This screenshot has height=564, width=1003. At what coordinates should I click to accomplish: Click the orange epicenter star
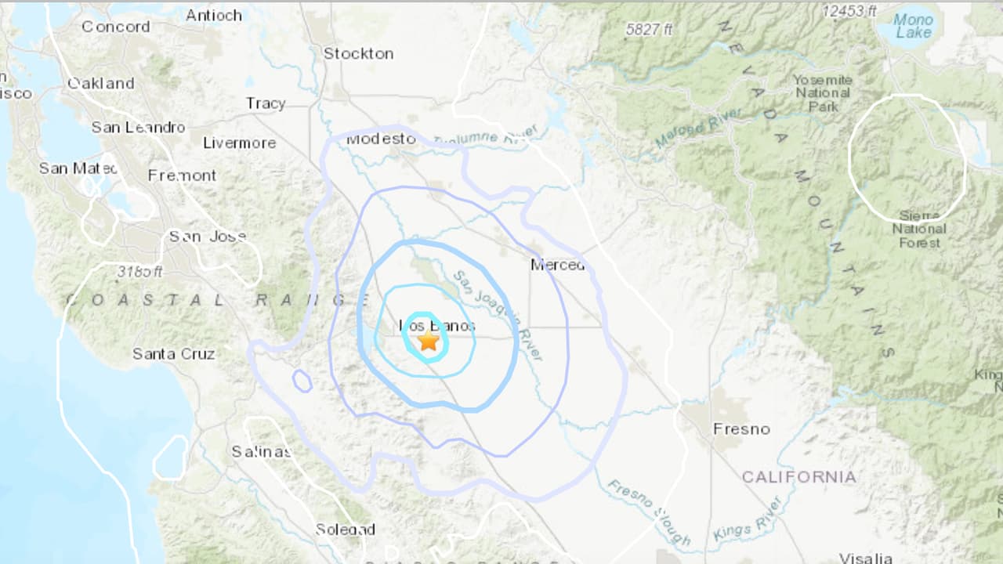coord(428,341)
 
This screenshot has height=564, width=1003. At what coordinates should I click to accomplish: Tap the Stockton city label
coord(358,53)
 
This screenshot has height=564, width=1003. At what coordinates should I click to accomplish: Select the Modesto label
coord(381,139)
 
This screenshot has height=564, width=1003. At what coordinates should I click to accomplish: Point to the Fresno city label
coord(740,428)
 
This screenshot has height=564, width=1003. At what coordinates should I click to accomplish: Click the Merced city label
coord(557,265)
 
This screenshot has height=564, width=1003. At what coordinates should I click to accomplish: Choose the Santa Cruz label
coord(173,354)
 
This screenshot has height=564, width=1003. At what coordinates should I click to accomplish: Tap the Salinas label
coord(261,451)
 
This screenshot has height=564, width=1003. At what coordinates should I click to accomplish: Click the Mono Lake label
coord(914,26)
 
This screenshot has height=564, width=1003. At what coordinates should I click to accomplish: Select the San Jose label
coord(208,236)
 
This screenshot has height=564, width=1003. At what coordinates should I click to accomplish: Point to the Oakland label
coord(100,83)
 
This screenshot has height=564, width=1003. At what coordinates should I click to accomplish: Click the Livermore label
coord(239,143)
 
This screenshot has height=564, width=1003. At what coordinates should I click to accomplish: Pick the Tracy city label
coord(266,103)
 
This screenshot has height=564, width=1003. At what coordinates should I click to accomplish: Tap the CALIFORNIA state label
coord(798,476)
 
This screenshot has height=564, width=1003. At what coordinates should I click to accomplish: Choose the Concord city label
coord(115,27)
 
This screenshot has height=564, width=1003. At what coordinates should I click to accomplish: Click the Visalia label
coord(865,558)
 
